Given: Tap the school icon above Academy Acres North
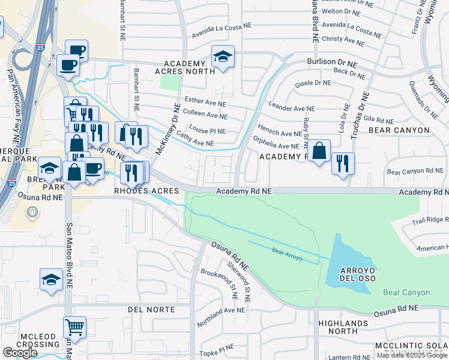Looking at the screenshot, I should [x=223, y=58].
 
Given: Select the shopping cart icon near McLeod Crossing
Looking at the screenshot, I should [x=74, y=328].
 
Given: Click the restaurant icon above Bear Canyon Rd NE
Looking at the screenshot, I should [x=343, y=164].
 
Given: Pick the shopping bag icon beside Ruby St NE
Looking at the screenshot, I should [x=320, y=151].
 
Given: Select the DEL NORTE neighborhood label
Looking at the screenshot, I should [x=151, y=310].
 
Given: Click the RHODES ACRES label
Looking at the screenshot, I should [x=147, y=191].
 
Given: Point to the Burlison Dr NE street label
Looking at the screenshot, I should [x=332, y=62].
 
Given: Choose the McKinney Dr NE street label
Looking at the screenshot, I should [x=167, y=129].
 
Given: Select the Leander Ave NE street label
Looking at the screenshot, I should [x=291, y=109].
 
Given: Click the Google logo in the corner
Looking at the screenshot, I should [x=20, y=353].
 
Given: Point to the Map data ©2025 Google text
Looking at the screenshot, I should [x=412, y=355].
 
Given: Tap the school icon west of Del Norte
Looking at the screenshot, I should [x=51, y=280].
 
